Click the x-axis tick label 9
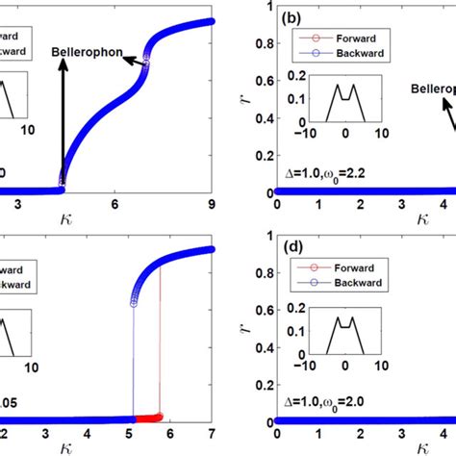(211, 204)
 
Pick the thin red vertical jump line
(160, 337)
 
